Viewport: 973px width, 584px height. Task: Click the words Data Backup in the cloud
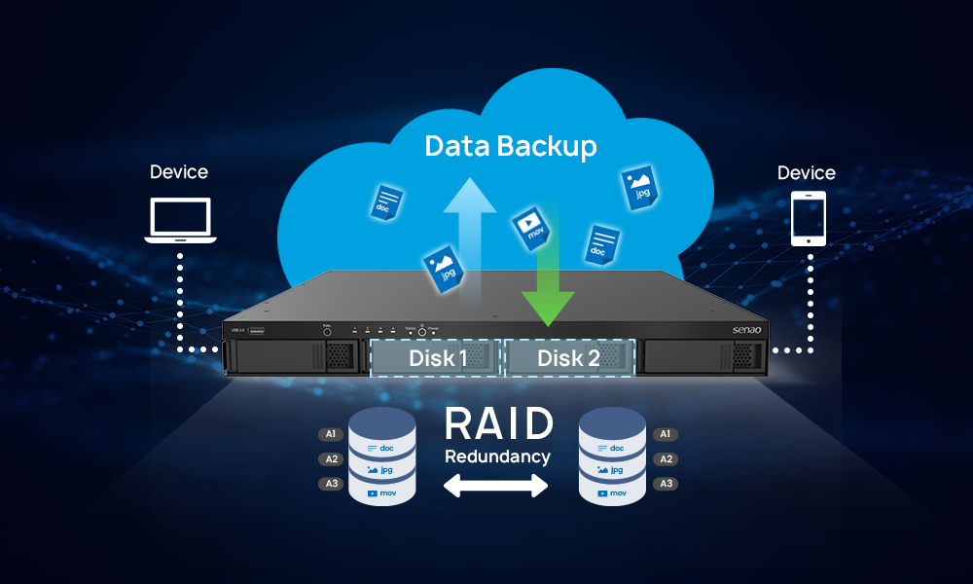click(x=511, y=147)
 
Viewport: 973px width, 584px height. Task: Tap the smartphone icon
click(x=808, y=218)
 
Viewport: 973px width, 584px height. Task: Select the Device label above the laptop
click(x=179, y=172)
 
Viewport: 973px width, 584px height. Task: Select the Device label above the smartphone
click(x=807, y=173)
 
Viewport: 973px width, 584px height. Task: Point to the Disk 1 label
click(x=437, y=358)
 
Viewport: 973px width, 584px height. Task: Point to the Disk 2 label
click(x=568, y=358)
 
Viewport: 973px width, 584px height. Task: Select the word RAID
click(x=498, y=424)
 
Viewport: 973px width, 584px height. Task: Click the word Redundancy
click(x=497, y=456)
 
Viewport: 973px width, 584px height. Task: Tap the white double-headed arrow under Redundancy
click(x=497, y=487)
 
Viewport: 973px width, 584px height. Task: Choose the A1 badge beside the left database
click(x=331, y=434)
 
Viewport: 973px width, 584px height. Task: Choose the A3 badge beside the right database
click(x=667, y=484)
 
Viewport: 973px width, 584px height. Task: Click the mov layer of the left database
click(x=381, y=493)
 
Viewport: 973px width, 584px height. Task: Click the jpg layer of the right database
click(x=611, y=470)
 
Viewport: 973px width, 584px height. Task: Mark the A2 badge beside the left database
click(x=331, y=459)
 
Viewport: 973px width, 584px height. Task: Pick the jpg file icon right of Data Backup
click(x=639, y=185)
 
